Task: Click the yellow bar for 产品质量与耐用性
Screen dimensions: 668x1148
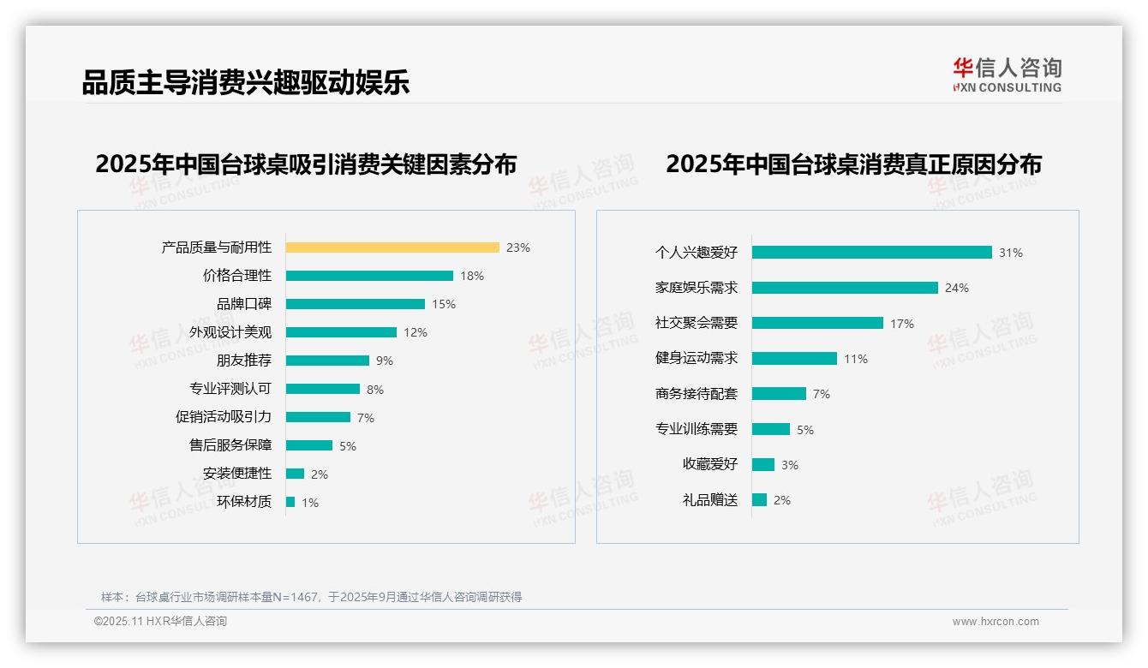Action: coord(392,248)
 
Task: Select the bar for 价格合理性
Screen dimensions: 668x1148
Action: coord(369,276)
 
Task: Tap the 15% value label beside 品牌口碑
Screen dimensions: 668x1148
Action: coord(444,304)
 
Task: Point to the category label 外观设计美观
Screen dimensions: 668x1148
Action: coord(230,332)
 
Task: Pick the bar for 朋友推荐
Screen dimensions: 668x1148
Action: coord(327,361)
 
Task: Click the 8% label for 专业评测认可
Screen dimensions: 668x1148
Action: coord(375,390)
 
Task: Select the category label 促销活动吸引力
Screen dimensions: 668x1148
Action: coord(224,417)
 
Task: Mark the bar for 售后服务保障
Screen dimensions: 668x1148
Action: coord(309,445)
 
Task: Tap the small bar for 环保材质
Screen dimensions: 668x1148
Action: coord(290,502)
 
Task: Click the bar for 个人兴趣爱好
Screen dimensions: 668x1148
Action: coord(872,253)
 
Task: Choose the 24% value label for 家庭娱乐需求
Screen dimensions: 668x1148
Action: coord(957,288)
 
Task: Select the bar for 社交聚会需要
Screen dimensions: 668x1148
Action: coord(817,323)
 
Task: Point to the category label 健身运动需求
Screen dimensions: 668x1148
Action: coord(697,358)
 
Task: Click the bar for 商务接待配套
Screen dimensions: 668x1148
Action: coord(779,394)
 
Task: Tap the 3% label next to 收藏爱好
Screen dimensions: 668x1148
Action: coord(790,465)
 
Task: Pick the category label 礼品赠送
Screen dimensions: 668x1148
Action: coord(710,500)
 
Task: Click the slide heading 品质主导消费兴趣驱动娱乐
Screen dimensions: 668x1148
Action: coord(246,82)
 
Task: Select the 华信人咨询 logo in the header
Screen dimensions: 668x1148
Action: coord(1007,75)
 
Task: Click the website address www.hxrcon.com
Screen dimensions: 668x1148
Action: coord(996,622)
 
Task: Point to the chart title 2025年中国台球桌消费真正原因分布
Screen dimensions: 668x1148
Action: coord(853,164)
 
